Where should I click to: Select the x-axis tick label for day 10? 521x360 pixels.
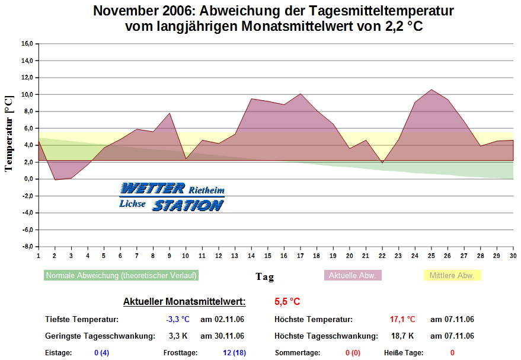(186, 256)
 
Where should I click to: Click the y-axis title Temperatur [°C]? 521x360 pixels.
(8, 133)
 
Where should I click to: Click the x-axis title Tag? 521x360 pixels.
(264, 276)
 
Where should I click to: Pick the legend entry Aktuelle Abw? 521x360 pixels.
(353, 276)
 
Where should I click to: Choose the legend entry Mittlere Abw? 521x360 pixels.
(452, 276)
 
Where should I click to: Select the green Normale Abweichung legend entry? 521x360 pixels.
(121, 276)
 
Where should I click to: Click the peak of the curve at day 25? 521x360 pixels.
(431, 90)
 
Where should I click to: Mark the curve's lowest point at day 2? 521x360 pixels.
(55, 180)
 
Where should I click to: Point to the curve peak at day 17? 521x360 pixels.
(301, 94)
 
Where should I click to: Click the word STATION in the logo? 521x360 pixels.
(188, 205)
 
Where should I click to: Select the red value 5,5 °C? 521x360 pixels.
(287, 302)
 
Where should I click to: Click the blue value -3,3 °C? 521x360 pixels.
(177, 320)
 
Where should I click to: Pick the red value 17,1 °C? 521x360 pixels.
(402, 320)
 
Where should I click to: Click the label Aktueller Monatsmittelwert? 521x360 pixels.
(184, 302)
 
